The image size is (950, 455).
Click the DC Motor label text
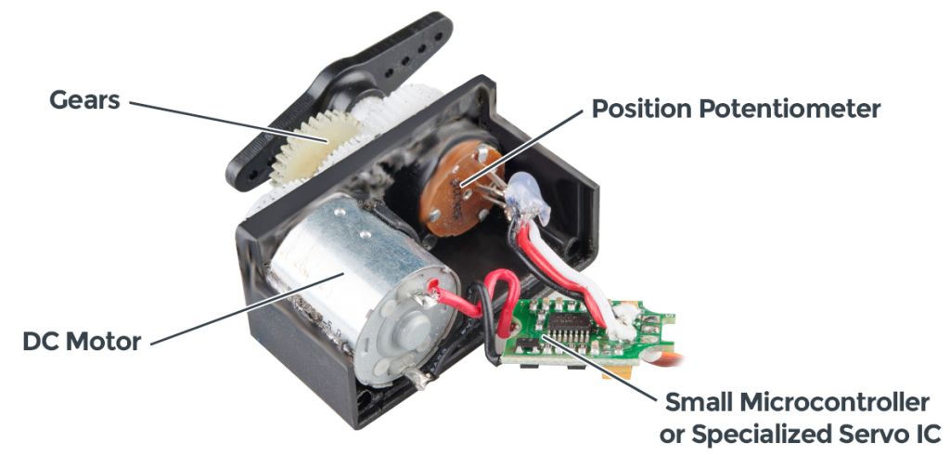(82, 341)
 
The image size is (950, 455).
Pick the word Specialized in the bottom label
(752, 434)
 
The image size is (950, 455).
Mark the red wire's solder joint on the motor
(429, 299)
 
